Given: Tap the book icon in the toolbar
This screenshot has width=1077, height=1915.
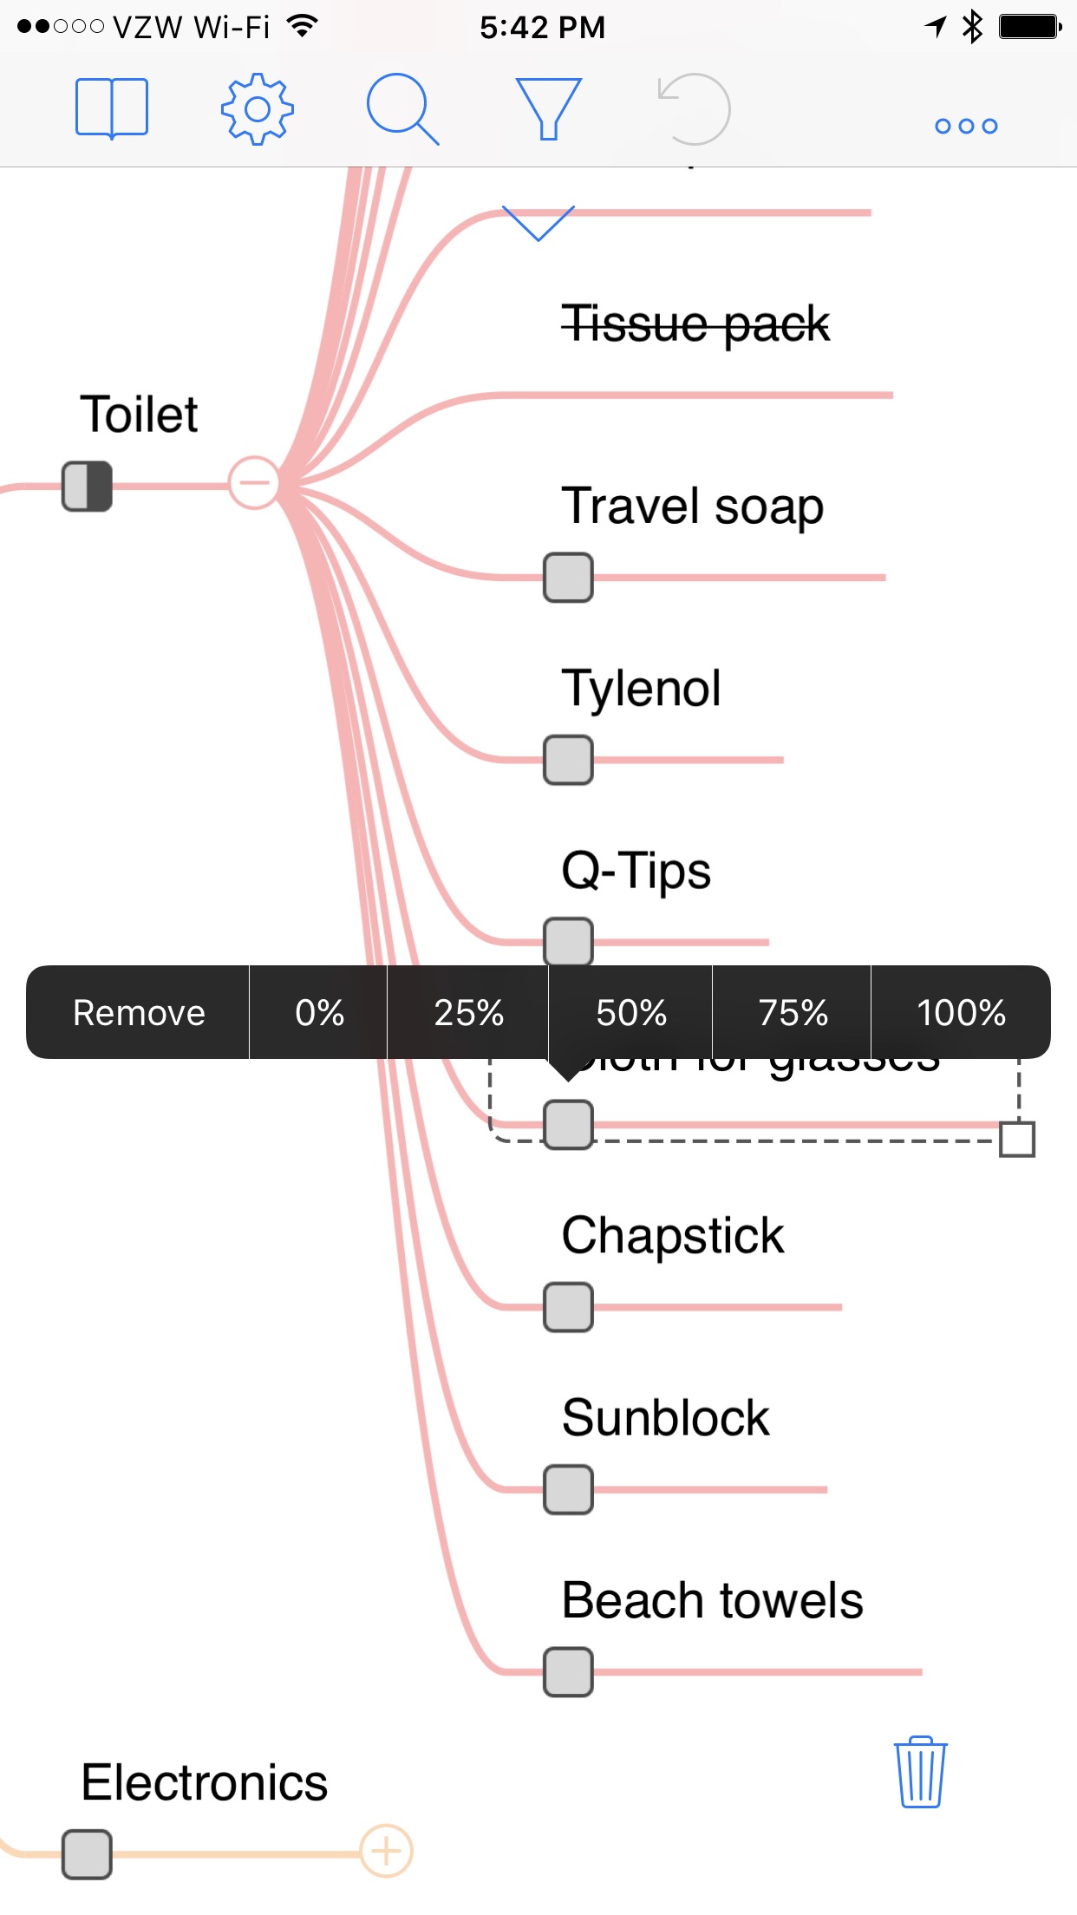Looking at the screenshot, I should pos(112,108).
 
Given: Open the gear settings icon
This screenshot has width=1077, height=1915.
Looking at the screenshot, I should pos(257,108).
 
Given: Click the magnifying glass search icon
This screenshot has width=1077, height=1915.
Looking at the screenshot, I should pos(401,108).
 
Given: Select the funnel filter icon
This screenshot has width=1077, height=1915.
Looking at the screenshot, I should pos(548,108).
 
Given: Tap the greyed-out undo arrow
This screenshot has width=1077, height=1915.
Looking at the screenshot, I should pos(694,108).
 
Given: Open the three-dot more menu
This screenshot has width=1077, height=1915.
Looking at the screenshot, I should pos(966,126).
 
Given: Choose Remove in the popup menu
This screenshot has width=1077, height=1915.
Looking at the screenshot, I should pos(139,1012).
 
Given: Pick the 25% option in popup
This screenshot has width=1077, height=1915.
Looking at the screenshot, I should pos(468,1012).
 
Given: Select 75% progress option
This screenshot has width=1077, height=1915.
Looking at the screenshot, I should pos(793,1012).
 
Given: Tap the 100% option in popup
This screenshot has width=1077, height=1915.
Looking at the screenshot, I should pos(961,1012).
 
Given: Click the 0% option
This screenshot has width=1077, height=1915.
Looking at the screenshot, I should pos(319,1012).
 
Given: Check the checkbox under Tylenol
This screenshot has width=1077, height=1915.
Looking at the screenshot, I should pos(568,760).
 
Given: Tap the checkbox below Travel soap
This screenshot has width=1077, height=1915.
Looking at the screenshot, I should pos(568,578).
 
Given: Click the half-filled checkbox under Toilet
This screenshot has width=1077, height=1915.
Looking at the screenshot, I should pos(87,486).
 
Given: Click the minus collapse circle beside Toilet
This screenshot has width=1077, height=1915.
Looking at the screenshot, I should pos(253,483).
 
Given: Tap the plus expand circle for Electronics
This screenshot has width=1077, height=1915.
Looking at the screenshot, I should pos(386,1851).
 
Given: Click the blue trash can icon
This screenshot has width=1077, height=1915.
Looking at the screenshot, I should pos(920,1773).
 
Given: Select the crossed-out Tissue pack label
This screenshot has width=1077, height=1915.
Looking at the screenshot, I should pos(695,324).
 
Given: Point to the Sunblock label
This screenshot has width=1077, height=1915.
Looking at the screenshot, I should pos(665,1418).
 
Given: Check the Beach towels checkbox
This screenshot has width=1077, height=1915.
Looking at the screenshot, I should pos(568,1672).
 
